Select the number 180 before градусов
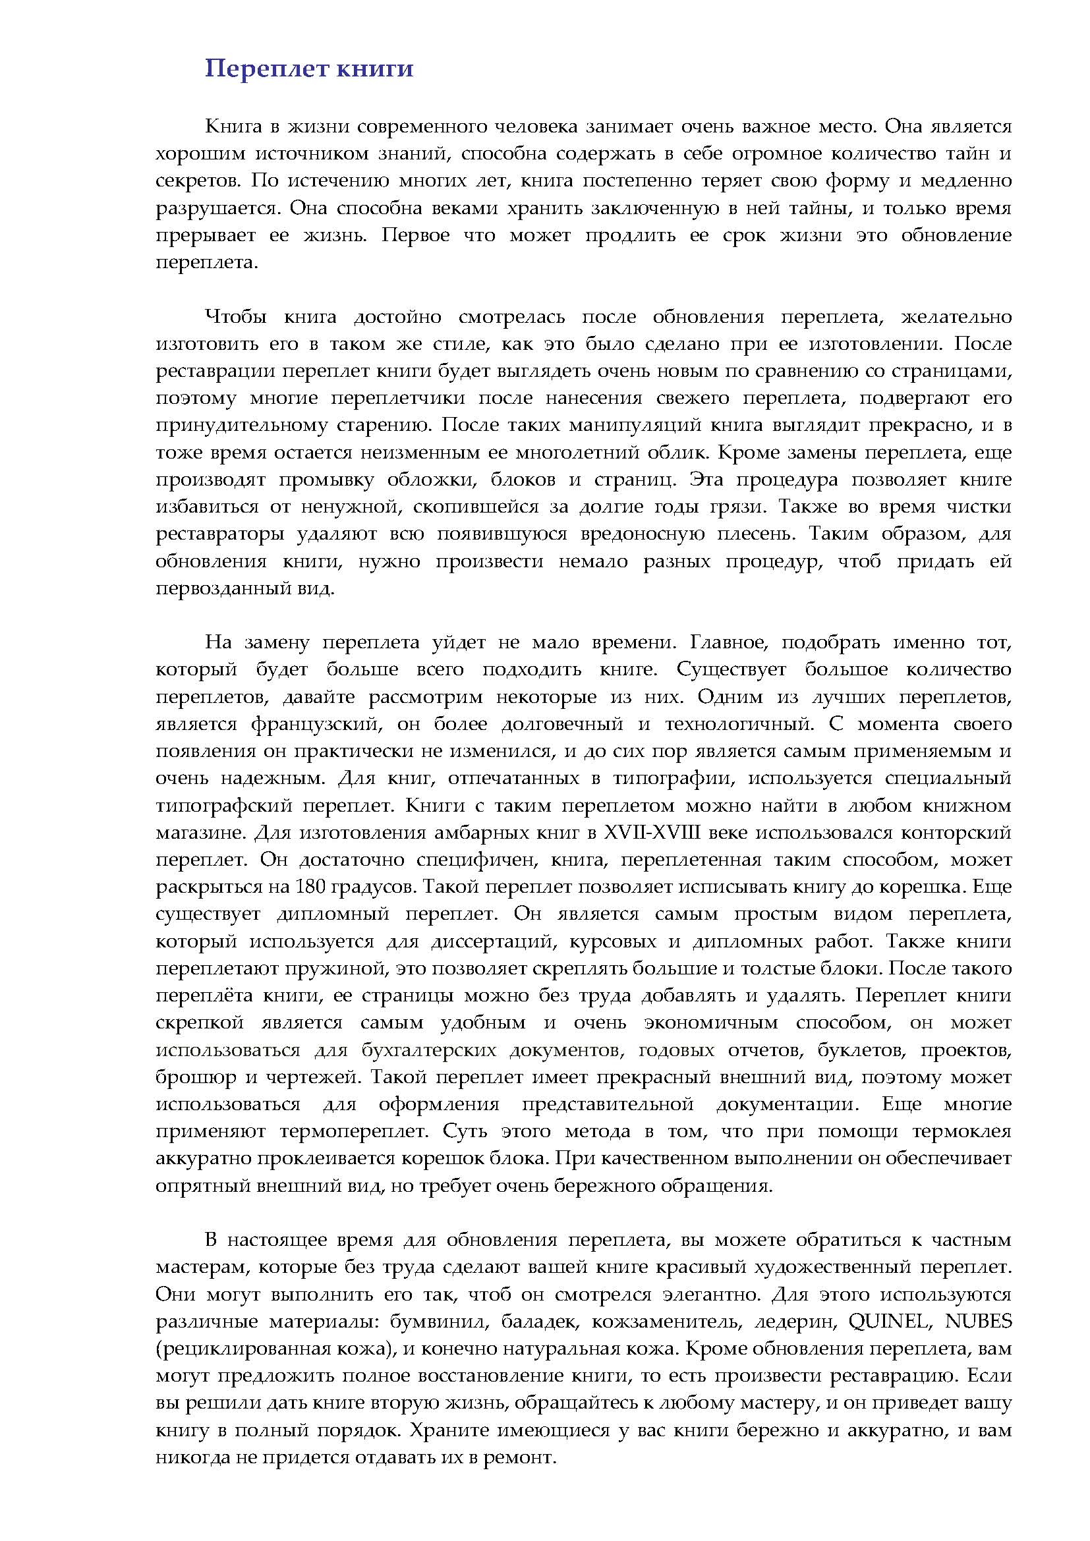pyautogui.click(x=310, y=887)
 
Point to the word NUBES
pyautogui.click(x=978, y=1321)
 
